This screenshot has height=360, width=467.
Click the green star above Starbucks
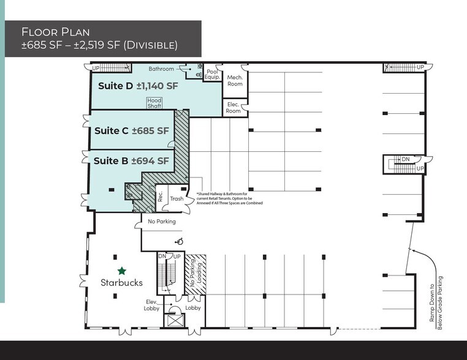pyautogui.click(x=122, y=270)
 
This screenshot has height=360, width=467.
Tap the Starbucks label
pyautogui.click(x=122, y=283)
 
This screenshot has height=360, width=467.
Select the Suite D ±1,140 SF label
pyautogui.click(x=138, y=86)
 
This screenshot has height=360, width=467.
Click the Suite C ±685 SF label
pyautogui.click(x=132, y=130)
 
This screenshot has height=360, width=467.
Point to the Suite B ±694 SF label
pyautogui.click(x=131, y=161)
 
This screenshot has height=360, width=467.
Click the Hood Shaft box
pyautogui.click(x=153, y=102)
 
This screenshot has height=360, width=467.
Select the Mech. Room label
pyautogui.click(x=235, y=81)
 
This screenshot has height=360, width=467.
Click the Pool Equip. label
pyautogui.click(x=212, y=75)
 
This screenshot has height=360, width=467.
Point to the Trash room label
pyautogui.click(x=177, y=198)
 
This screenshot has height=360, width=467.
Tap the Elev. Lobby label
pyautogui.click(x=152, y=305)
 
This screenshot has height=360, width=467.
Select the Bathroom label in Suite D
pyautogui.click(x=161, y=69)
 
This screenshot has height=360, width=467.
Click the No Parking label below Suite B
pyautogui.click(x=162, y=221)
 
